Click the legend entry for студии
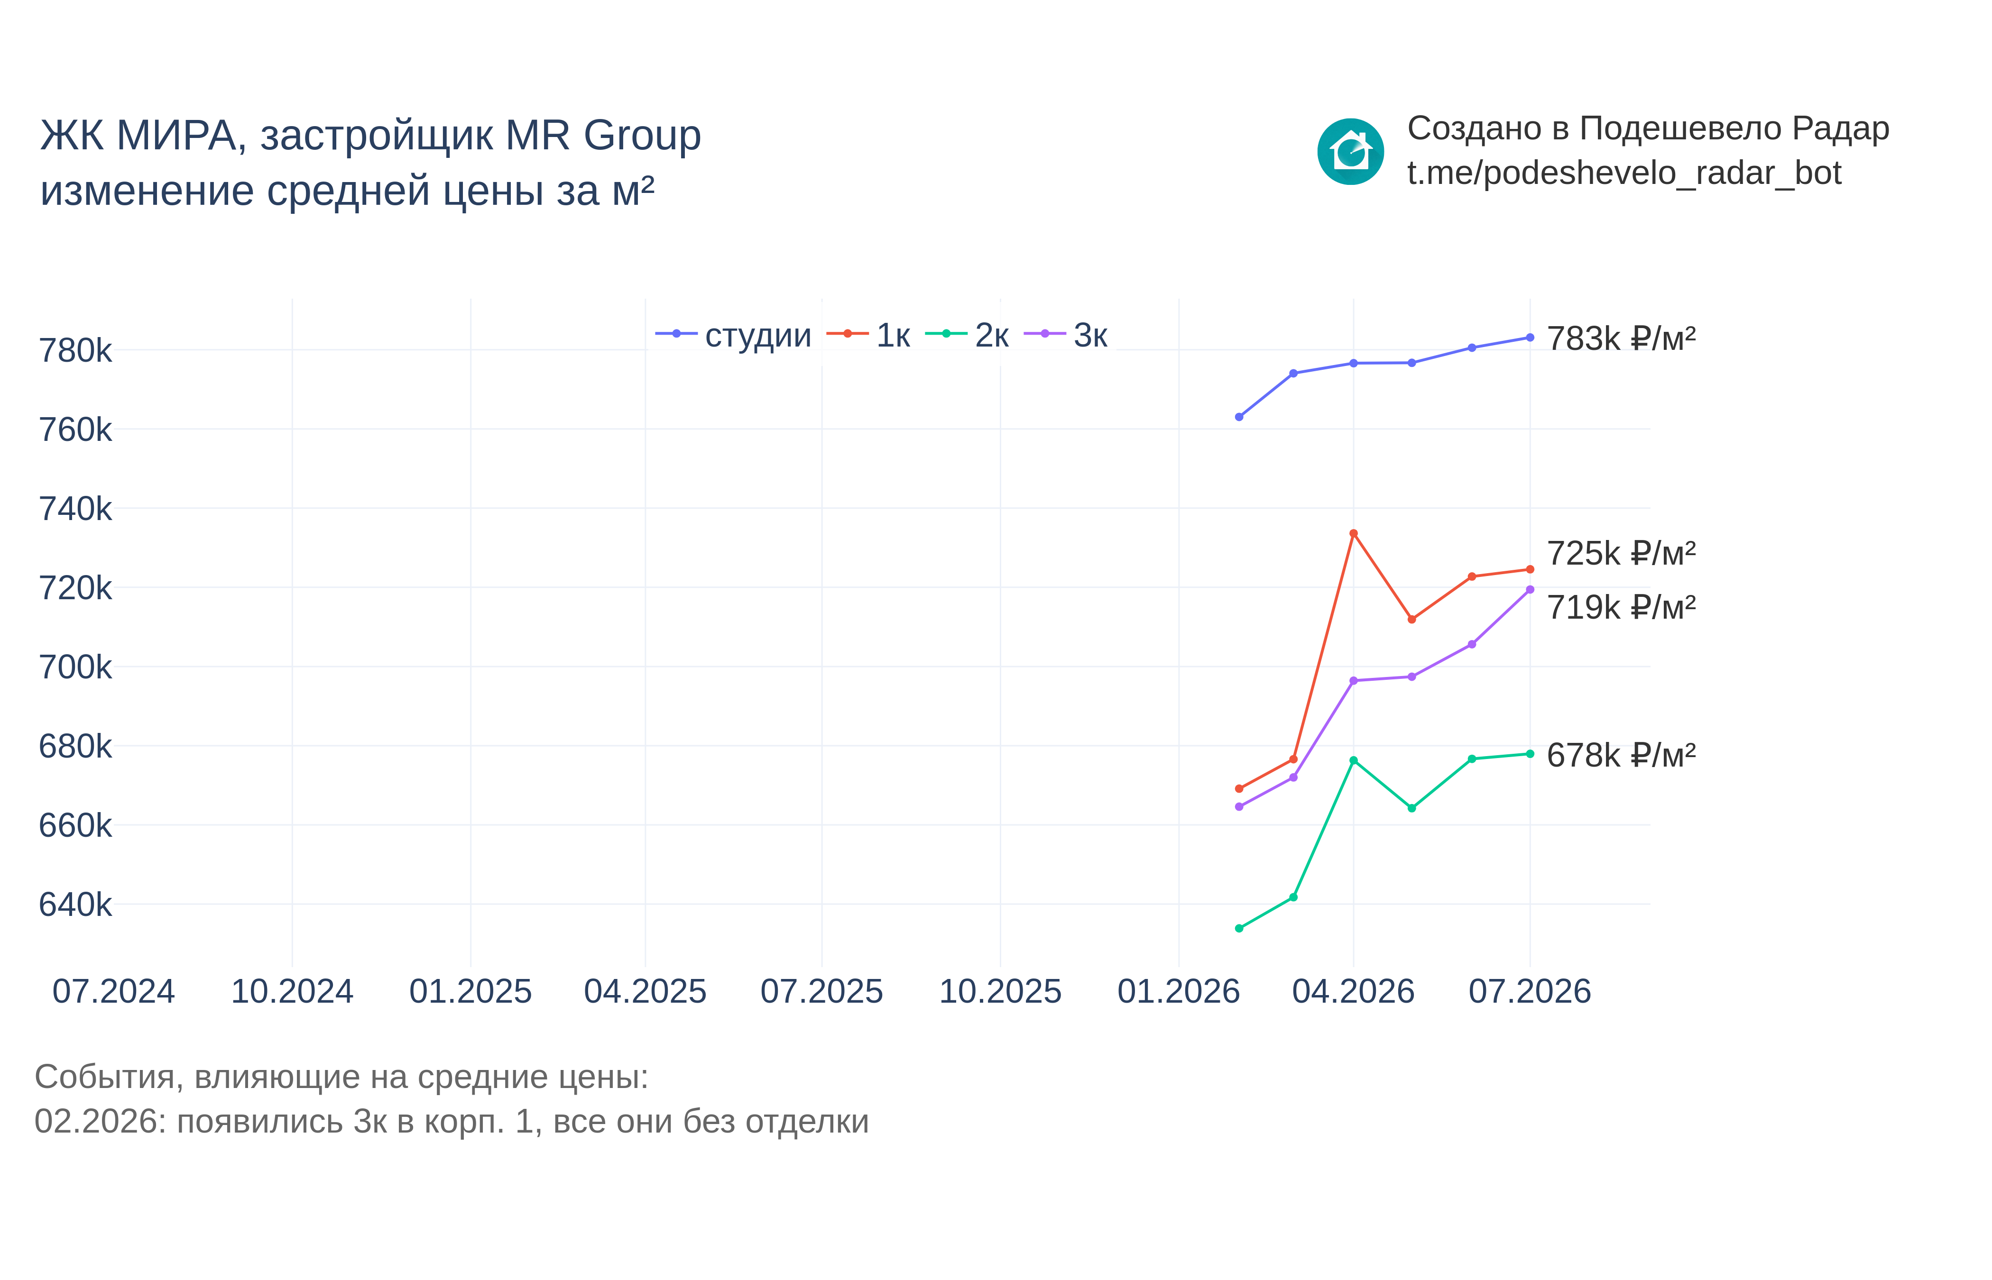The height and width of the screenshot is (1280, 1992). pyautogui.click(x=732, y=335)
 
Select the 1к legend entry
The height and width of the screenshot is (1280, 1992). pyautogui.click(x=868, y=335)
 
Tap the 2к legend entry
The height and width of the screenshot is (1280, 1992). pyautogui.click(x=967, y=335)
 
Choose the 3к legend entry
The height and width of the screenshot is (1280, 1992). pyautogui.click(x=1066, y=335)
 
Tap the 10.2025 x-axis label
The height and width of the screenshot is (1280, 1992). pyautogui.click(x=1000, y=992)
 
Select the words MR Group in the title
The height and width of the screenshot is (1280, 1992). pyautogui.click(x=604, y=136)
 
